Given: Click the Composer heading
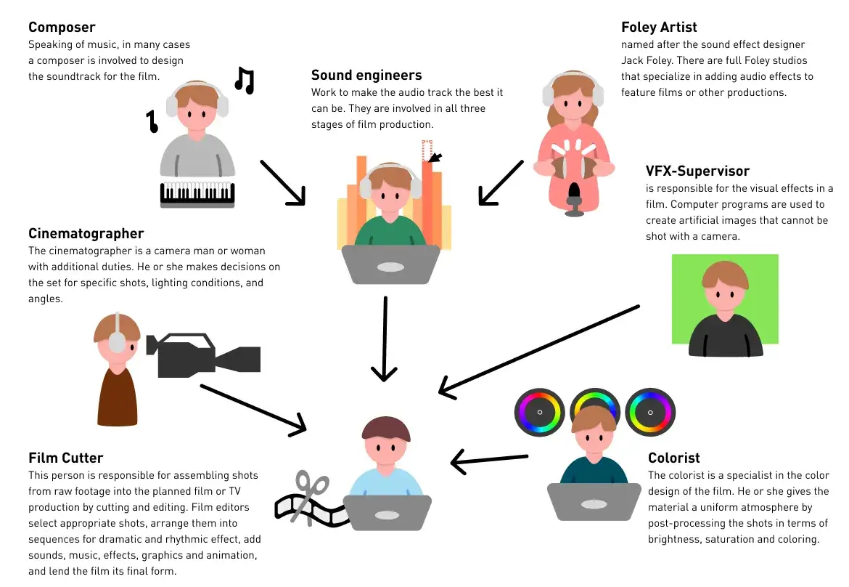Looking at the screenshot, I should coord(62,27).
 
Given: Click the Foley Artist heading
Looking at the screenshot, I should coord(659,27).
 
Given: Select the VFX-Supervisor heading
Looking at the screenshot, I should coord(697,171).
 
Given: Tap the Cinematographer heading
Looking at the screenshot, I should coord(86,233).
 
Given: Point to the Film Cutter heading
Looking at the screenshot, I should coord(65,458).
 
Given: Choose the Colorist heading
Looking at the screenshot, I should coord(673,458).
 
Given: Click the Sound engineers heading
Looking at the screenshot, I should coord(366,75).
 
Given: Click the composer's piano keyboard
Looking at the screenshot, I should coord(197,194).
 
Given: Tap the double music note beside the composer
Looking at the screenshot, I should coord(245,80).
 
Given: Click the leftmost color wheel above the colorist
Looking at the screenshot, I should coord(539,412).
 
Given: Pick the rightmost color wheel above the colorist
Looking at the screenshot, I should coord(650,412).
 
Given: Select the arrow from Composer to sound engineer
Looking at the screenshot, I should coord(283,182).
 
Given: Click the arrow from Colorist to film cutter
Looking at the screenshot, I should coord(490,459).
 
